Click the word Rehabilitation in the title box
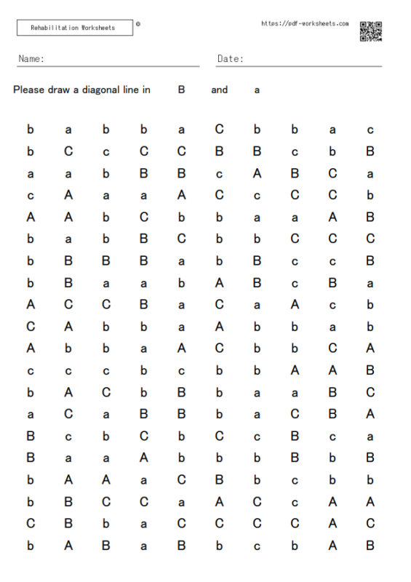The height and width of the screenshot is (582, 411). click(55, 28)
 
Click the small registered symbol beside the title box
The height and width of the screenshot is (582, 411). click(138, 24)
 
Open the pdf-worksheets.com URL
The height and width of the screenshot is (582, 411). click(305, 24)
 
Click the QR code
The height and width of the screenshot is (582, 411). click(370, 31)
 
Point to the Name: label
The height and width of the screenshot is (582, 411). click(31, 59)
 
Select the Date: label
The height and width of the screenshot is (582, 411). click(230, 59)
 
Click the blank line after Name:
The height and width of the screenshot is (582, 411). click(124, 64)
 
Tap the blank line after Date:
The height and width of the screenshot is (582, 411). click(313, 64)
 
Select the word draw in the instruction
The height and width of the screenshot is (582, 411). click(63, 90)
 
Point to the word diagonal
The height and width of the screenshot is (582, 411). click(104, 90)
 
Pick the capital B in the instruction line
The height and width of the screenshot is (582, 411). click(181, 90)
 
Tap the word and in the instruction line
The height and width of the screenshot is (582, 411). click(219, 90)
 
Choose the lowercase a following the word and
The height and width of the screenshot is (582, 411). click(257, 91)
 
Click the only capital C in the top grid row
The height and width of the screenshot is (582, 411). click(219, 130)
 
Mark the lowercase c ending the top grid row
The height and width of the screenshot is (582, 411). click(370, 131)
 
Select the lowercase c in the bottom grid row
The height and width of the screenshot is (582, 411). click(257, 546)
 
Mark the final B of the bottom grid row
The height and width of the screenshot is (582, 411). click(370, 545)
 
